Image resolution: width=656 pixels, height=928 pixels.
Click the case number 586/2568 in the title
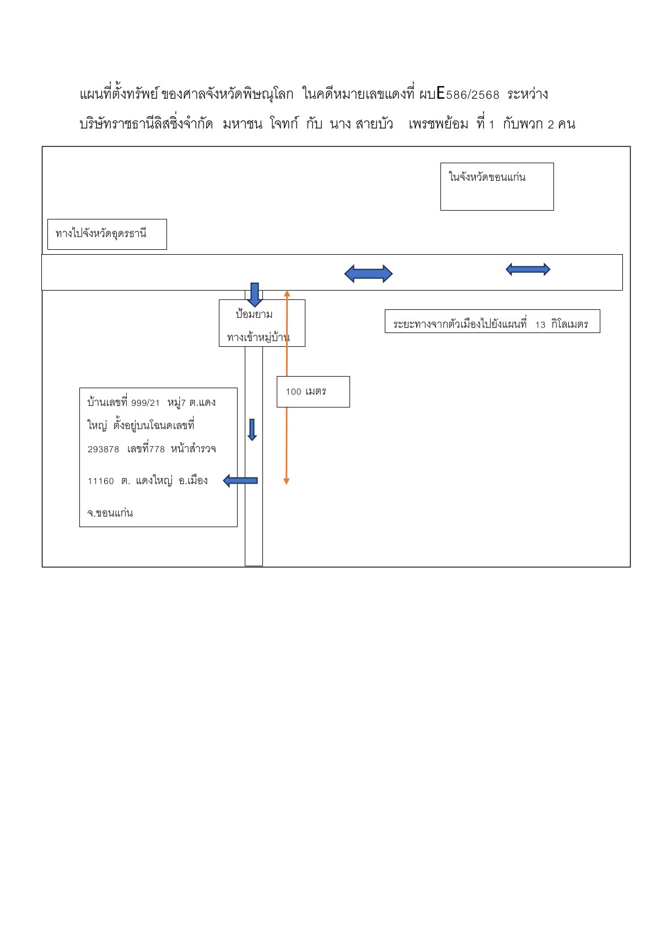(x=472, y=95)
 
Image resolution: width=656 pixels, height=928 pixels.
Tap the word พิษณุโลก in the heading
(x=268, y=94)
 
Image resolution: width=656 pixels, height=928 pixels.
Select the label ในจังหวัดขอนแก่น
(x=487, y=177)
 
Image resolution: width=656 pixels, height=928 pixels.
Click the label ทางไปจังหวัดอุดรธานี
(x=101, y=233)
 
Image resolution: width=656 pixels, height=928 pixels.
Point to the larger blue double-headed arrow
(x=368, y=273)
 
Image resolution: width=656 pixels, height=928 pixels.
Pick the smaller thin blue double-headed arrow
(x=528, y=269)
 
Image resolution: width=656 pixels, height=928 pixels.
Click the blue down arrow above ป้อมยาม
(x=255, y=294)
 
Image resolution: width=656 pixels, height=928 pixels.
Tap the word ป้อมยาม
(x=254, y=314)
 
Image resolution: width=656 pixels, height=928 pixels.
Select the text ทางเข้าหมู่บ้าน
(x=258, y=337)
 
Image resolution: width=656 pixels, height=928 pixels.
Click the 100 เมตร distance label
(x=306, y=391)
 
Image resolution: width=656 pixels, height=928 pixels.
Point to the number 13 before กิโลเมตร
(x=540, y=325)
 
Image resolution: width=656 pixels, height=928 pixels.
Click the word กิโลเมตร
(x=569, y=324)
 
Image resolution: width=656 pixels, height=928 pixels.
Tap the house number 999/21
(x=146, y=403)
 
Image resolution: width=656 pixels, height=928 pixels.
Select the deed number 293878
(x=103, y=449)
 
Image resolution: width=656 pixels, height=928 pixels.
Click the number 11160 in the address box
(x=101, y=481)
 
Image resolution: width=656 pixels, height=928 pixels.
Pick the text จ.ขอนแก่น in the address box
(x=110, y=512)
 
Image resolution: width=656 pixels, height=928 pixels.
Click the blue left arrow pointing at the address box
(x=240, y=481)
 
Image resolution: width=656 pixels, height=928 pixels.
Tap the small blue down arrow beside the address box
(x=252, y=430)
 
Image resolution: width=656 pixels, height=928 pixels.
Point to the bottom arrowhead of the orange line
(x=286, y=481)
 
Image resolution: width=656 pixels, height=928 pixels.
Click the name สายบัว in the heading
(x=374, y=124)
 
